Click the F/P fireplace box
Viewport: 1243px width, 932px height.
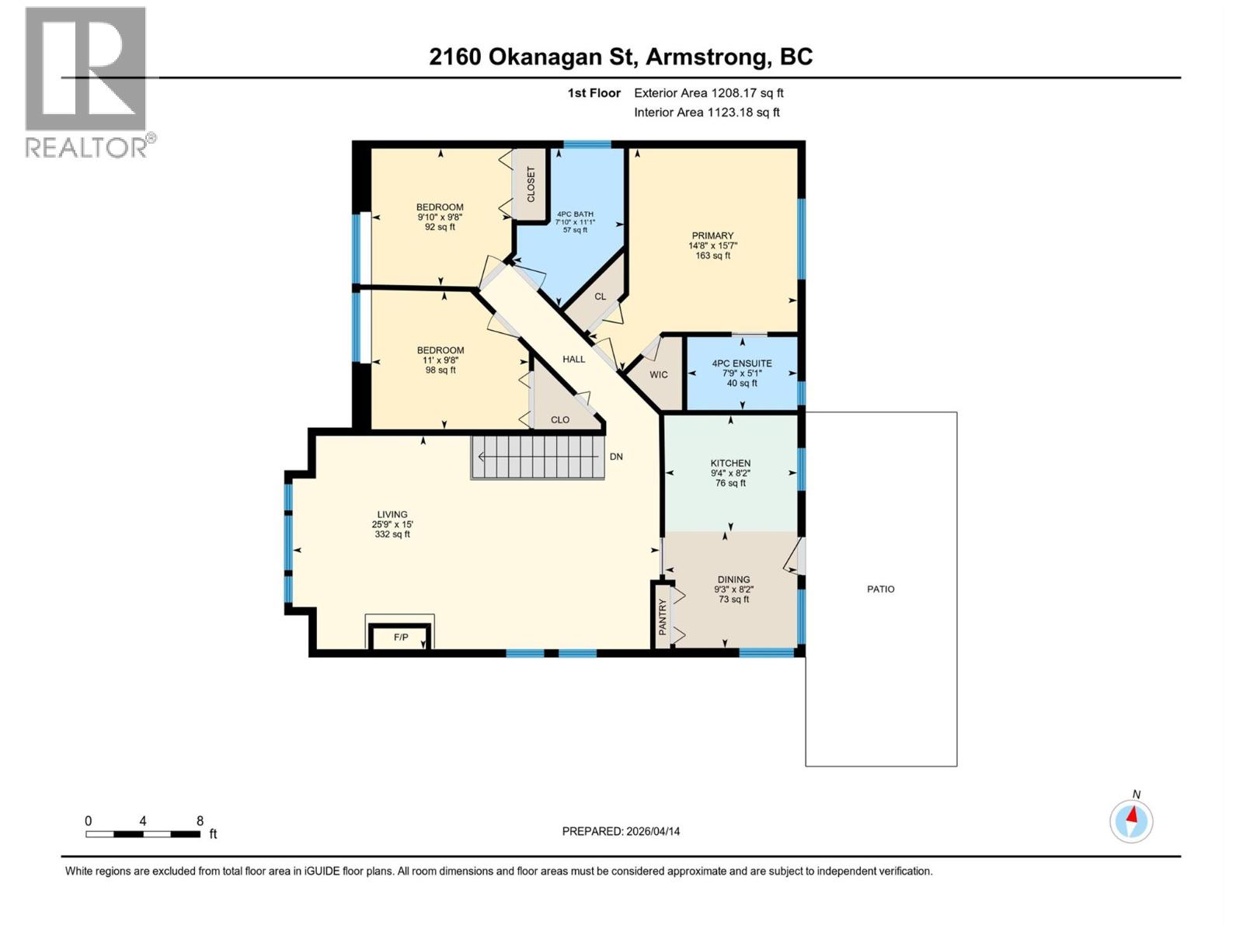coord(400,637)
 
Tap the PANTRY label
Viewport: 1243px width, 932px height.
coord(663,617)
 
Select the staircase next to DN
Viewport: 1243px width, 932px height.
coord(538,457)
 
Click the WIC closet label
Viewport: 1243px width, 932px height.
coord(659,375)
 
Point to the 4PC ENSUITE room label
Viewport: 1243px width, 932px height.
coord(742,363)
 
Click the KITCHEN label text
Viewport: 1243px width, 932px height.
coord(730,463)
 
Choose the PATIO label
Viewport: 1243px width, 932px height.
coord(880,589)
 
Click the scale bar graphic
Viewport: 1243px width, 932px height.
coord(143,834)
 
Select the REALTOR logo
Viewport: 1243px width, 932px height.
coord(86,81)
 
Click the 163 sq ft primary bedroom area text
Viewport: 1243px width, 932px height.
coord(712,256)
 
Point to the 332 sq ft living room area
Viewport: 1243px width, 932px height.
coord(392,534)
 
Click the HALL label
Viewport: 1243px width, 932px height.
coord(574,359)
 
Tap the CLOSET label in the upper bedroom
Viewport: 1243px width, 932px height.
coord(531,184)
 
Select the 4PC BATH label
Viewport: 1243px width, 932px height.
coord(575,214)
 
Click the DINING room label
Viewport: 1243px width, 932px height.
coord(733,579)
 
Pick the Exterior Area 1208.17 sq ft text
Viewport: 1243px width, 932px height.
coord(709,93)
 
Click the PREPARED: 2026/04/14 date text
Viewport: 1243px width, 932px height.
coord(621,831)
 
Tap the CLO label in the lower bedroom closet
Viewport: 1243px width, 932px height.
coord(560,419)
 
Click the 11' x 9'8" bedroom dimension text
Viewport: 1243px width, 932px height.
coord(440,360)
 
